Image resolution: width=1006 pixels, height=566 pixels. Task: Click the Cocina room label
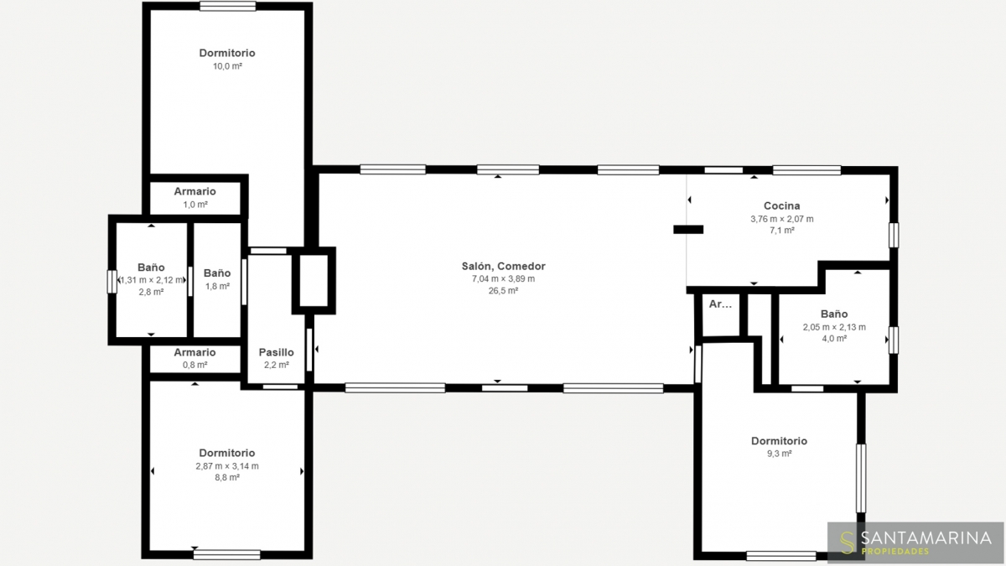tap(781, 205)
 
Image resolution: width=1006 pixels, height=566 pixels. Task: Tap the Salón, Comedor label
tap(504, 266)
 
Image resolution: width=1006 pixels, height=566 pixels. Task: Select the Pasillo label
tap(276, 352)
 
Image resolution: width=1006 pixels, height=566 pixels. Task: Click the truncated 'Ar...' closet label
tap(720, 304)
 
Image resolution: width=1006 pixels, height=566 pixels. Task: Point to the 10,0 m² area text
tap(227, 66)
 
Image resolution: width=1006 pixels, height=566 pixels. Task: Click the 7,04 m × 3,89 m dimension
tap(504, 278)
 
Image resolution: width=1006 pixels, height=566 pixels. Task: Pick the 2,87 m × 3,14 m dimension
tap(227, 466)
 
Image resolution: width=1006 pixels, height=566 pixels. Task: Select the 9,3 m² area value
tap(779, 454)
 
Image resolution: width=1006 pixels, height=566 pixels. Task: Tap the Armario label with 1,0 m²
tap(194, 191)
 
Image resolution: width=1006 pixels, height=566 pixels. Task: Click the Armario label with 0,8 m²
tap(194, 352)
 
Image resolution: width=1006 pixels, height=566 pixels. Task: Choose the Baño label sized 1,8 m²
tap(217, 273)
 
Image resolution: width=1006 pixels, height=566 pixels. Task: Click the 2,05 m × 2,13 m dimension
tap(834, 327)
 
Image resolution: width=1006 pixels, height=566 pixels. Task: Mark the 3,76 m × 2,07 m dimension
tap(782, 219)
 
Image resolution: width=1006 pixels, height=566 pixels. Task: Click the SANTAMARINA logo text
tap(926, 537)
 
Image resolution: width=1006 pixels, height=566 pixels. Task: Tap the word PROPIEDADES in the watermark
tap(895, 551)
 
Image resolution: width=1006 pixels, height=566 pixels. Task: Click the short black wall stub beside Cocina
tap(688, 230)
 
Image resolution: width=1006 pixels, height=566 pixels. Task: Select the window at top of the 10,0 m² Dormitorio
tap(228, 7)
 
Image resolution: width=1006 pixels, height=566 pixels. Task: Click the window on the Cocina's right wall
tap(894, 235)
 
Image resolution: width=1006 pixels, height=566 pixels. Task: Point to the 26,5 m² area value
tap(504, 291)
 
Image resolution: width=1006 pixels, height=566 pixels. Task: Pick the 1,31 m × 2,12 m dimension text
tap(152, 280)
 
